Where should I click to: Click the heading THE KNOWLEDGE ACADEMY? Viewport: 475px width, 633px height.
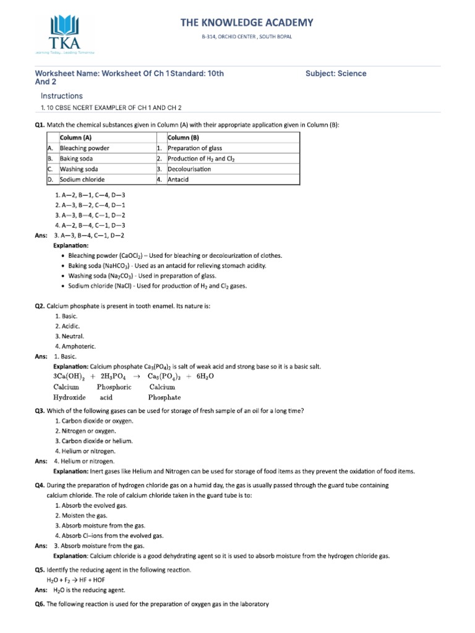pyautogui.click(x=247, y=23)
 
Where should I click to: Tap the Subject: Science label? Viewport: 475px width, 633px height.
pyautogui.click(x=336, y=74)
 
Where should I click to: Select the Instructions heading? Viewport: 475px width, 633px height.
pyautogui.click(x=61, y=96)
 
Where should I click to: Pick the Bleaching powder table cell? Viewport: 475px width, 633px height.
pyautogui.click(x=85, y=148)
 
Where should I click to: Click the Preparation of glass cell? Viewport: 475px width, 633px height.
pyautogui.click(x=195, y=148)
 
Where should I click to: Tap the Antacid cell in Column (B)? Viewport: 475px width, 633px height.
pyautogui.click(x=178, y=179)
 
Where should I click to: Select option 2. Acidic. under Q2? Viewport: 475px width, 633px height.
pyautogui.click(x=67, y=325)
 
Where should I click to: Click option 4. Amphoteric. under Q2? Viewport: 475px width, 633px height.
pyautogui.click(x=75, y=346)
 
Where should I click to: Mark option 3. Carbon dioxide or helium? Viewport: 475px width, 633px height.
pyautogui.click(x=93, y=441)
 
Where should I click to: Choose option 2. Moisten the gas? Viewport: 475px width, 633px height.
pyautogui.click(x=81, y=515)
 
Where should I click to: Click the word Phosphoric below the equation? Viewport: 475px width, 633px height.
pyautogui.click(x=114, y=387)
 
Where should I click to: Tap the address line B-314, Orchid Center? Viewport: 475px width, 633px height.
pyautogui.click(x=247, y=37)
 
